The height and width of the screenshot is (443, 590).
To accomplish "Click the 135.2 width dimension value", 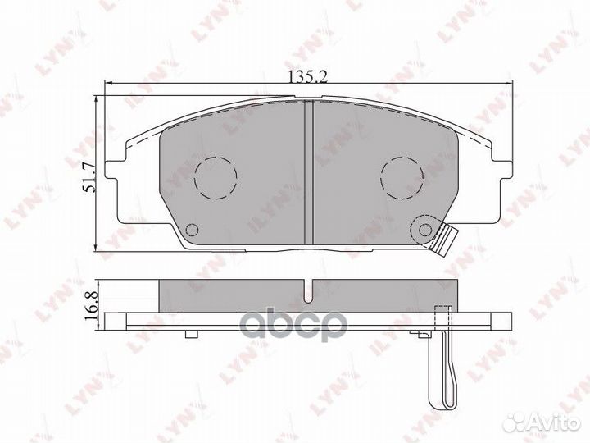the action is (x=308, y=76).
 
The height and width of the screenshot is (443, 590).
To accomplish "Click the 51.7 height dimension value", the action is (x=90, y=177).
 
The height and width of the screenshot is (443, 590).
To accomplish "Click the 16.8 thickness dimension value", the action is (x=91, y=305).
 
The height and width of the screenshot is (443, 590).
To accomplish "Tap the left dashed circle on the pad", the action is (x=216, y=178).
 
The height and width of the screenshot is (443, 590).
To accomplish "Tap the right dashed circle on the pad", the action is (x=402, y=178).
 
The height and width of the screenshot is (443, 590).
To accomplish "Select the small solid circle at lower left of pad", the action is (x=193, y=230).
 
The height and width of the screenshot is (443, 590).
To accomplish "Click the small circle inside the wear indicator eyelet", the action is (x=425, y=230).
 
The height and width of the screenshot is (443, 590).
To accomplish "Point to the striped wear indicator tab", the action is (x=444, y=240).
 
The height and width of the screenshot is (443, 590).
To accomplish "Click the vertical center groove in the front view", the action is (x=309, y=172).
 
